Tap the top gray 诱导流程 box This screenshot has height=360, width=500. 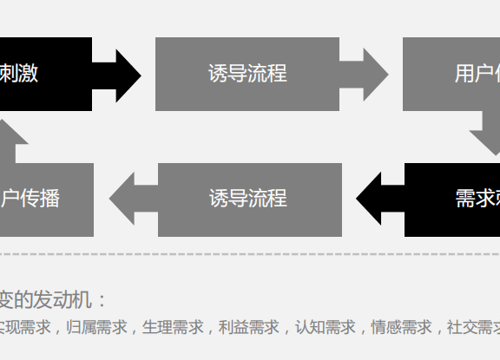(247, 74)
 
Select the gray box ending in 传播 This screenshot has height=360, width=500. (43, 199)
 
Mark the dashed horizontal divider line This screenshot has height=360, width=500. (250, 255)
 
